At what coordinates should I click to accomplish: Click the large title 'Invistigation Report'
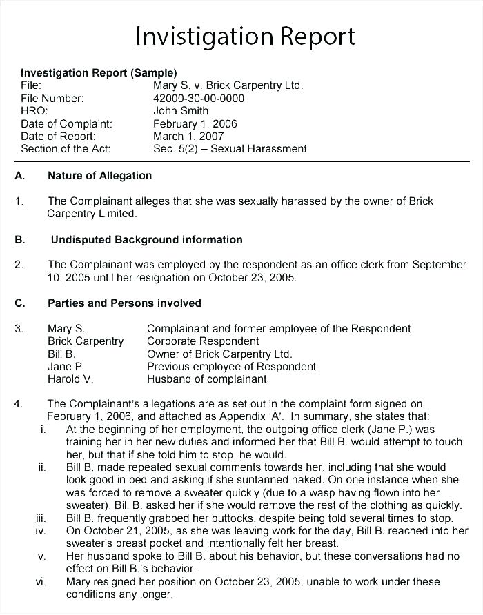(245, 36)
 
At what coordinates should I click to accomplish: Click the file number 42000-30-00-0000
(199, 98)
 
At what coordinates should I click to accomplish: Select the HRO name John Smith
(181, 110)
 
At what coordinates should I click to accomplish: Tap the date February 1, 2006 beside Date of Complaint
(195, 123)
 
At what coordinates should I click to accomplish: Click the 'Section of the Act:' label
(66, 148)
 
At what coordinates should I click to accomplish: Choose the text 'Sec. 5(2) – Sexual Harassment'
(230, 148)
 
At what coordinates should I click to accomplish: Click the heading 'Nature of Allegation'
(99, 176)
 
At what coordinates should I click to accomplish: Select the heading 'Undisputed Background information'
(147, 240)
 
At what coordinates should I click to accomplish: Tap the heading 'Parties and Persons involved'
(124, 303)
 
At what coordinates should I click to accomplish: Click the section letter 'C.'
(20, 303)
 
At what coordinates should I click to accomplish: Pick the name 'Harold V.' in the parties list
(70, 379)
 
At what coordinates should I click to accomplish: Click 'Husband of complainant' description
(206, 379)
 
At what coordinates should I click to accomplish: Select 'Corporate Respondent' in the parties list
(203, 341)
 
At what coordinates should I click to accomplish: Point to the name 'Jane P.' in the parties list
(66, 366)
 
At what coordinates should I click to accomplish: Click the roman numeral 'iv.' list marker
(41, 531)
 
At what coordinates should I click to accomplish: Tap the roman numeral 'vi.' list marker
(41, 582)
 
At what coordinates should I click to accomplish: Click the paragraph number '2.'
(19, 265)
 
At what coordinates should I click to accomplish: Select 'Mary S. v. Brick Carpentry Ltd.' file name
(228, 85)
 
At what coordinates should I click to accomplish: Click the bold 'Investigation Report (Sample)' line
(99, 72)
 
